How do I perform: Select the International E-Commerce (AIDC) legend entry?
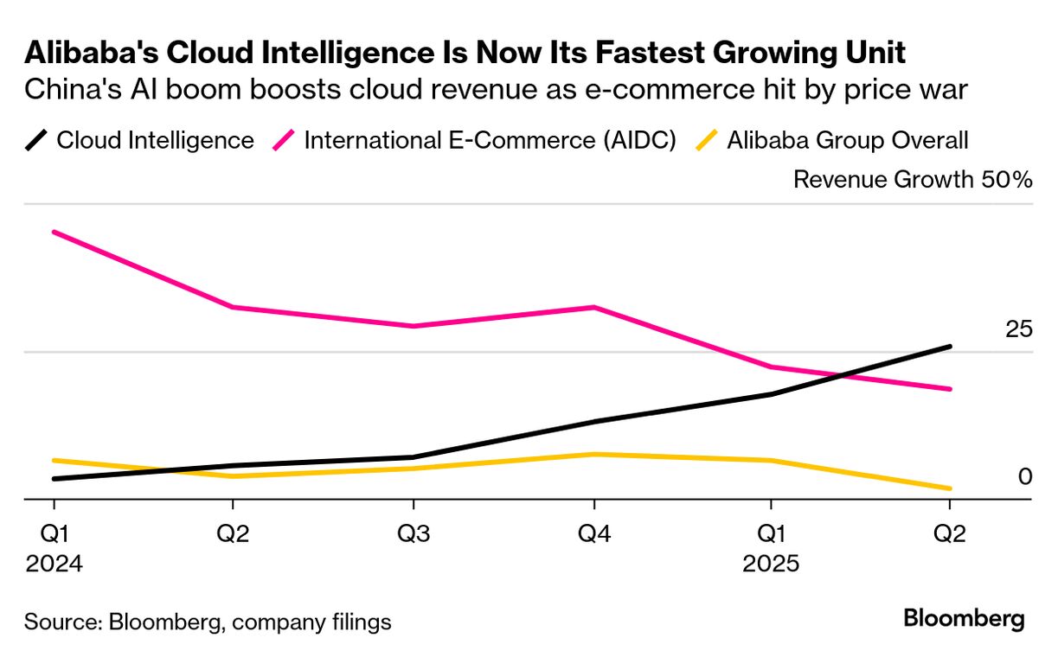[475, 140]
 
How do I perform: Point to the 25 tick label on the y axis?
[1018, 329]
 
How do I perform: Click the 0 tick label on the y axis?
[1025, 476]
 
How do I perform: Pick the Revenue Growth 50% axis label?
[913, 180]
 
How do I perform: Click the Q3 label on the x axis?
[414, 534]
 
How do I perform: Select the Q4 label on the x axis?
[593, 534]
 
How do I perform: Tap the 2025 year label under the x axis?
[772, 564]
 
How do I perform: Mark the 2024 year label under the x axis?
[54, 564]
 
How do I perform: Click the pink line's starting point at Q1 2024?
[54, 232]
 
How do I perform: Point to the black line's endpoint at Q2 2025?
[951, 347]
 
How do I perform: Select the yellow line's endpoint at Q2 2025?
[951, 488]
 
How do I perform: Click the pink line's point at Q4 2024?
[593, 307]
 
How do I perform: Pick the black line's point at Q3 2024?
[414, 456]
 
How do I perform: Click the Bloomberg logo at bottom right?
[964, 619]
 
